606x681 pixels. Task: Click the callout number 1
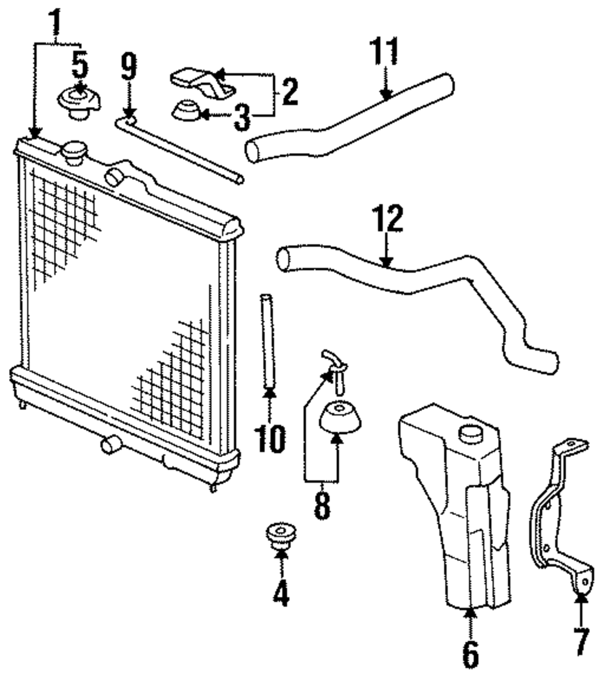pyautogui.click(x=56, y=22)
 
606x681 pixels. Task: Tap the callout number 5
pyautogui.click(x=79, y=65)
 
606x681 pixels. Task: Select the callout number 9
pyautogui.click(x=128, y=68)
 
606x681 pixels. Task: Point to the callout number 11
pyautogui.click(x=385, y=51)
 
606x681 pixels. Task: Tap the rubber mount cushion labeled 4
pyautogui.click(x=279, y=536)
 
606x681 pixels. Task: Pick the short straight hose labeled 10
pyautogui.click(x=267, y=342)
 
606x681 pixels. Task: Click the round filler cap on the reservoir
pyautogui.click(x=471, y=433)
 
